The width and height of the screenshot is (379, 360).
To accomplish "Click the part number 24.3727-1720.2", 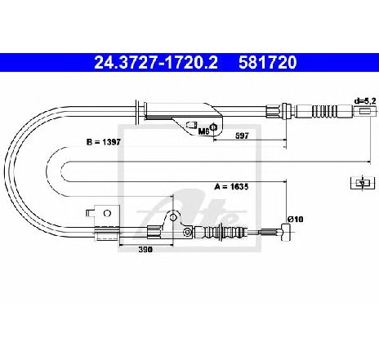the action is point(156,62).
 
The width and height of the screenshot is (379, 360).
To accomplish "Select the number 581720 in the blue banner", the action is point(267,62).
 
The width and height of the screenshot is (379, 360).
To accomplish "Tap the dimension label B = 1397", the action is point(103,142).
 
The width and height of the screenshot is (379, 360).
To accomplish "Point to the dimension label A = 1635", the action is point(231,187).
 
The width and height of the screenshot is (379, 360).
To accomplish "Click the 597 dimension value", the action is point(242,136).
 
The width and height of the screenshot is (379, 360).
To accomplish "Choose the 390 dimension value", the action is point(145,249).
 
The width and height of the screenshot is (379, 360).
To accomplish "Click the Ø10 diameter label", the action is point(295,219).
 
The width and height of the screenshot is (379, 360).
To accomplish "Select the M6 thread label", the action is point(203,131).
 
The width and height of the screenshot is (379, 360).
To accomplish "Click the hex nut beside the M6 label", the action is point(214,127).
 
